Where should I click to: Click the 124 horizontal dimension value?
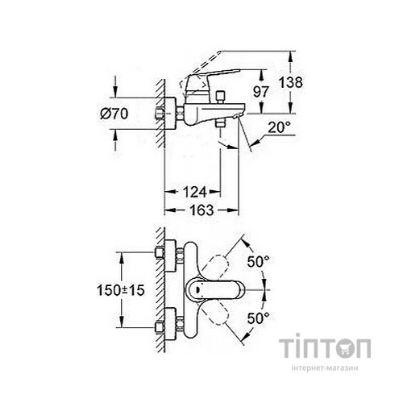coord(193,192)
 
